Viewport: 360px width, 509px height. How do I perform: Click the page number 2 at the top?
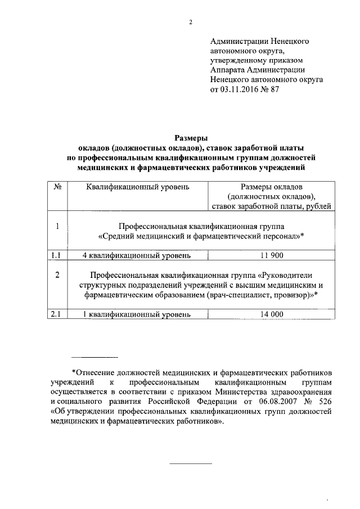pos(191,22)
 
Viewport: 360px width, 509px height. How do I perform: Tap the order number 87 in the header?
pos(274,89)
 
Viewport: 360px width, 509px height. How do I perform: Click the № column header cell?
pos(57,186)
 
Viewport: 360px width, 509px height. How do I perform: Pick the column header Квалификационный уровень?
pos(137,186)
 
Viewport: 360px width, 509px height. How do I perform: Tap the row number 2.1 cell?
pos(56,315)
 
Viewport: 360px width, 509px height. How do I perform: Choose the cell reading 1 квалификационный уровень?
pos(136,315)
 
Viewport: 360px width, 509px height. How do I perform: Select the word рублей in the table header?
pos(323,206)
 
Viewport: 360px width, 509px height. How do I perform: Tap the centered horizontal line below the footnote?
pos(191,463)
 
